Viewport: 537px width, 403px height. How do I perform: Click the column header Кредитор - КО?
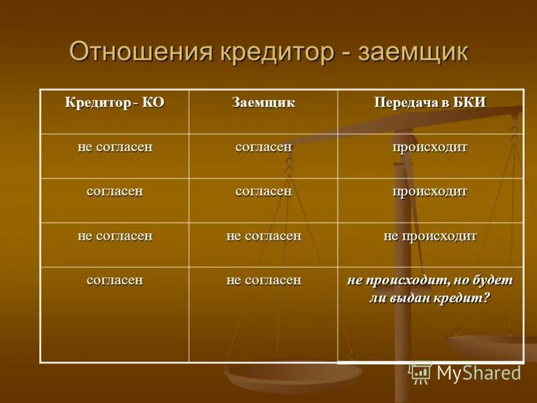click(114, 103)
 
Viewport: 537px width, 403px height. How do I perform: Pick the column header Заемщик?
click(263, 103)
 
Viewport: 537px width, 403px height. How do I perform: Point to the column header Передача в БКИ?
click(430, 103)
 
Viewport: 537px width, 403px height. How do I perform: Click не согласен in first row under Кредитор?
click(115, 147)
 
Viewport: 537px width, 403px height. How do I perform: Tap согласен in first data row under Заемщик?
click(263, 147)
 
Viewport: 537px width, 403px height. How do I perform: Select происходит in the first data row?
click(430, 147)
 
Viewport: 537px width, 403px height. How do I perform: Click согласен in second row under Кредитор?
click(115, 191)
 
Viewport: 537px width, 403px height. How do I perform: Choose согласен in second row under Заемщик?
click(263, 191)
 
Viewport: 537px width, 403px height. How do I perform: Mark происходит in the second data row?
click(430, 191)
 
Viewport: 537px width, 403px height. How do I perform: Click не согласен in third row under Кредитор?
click(115, 236)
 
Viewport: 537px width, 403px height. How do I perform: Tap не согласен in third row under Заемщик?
click(263, 236)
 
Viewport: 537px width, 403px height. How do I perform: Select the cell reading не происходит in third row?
click(430, 236)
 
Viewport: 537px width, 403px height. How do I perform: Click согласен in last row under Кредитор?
click(115, 280)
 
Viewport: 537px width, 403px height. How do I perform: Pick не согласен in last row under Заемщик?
click(263, 280)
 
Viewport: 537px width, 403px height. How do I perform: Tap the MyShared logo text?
click(479, 373)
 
